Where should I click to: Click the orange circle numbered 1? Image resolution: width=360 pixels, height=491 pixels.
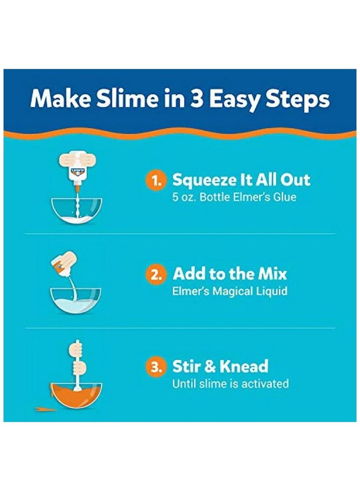[x=156, y=181]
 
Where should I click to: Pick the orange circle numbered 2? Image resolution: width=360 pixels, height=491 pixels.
[x=156, y=275]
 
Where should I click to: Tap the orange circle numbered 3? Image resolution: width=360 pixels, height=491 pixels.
[x=156, y=367]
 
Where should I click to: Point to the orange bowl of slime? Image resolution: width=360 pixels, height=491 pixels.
[x=76, y=394]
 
